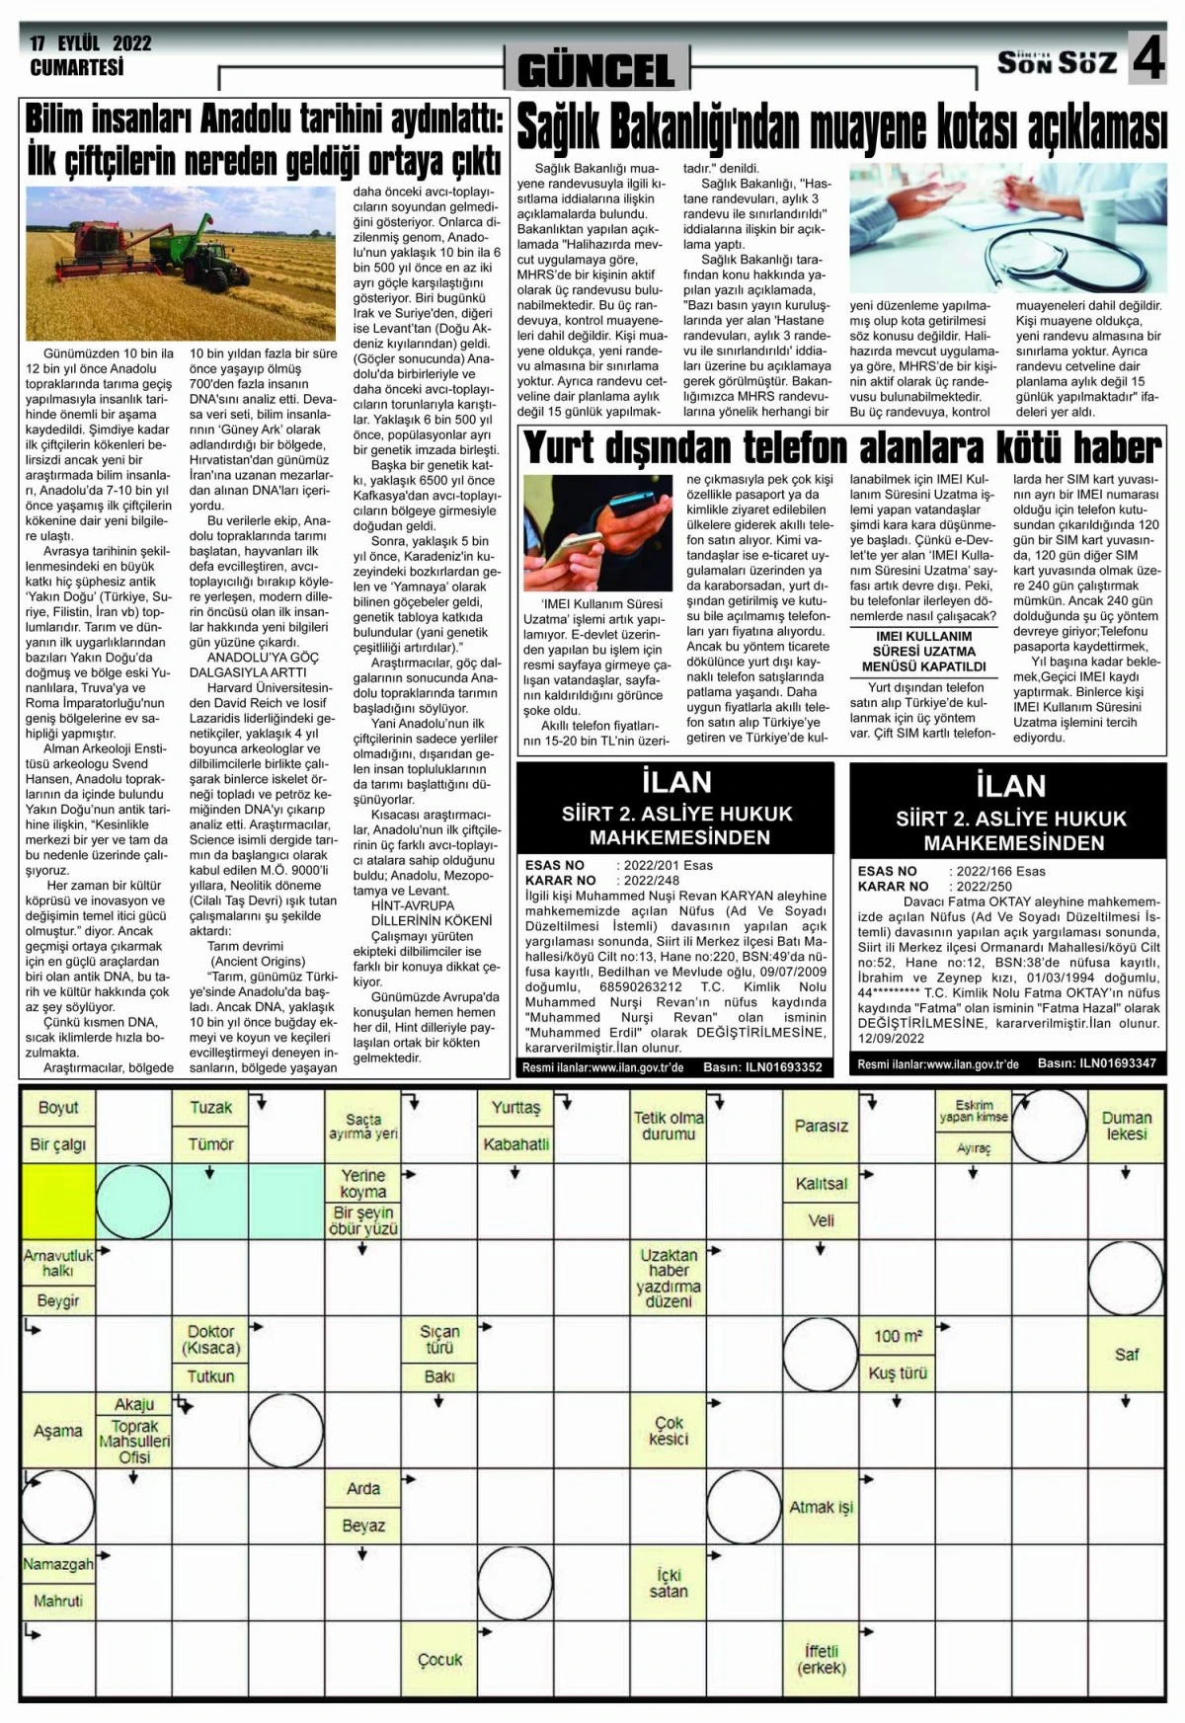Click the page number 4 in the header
(x=1147, y=62)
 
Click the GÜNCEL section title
(x=595, y=70)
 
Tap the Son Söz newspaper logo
(x=1057, y=63)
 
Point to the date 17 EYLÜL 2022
(x=91, y=43)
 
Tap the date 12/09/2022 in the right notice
(x=891, y=1039)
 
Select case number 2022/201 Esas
(x=668, y=865)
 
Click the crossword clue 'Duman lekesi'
(x=1127, y=1126)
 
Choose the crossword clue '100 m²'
(x=898, y=1336)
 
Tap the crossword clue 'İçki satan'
(x=669, y=1583)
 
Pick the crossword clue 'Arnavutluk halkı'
(x=57, y=1263)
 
